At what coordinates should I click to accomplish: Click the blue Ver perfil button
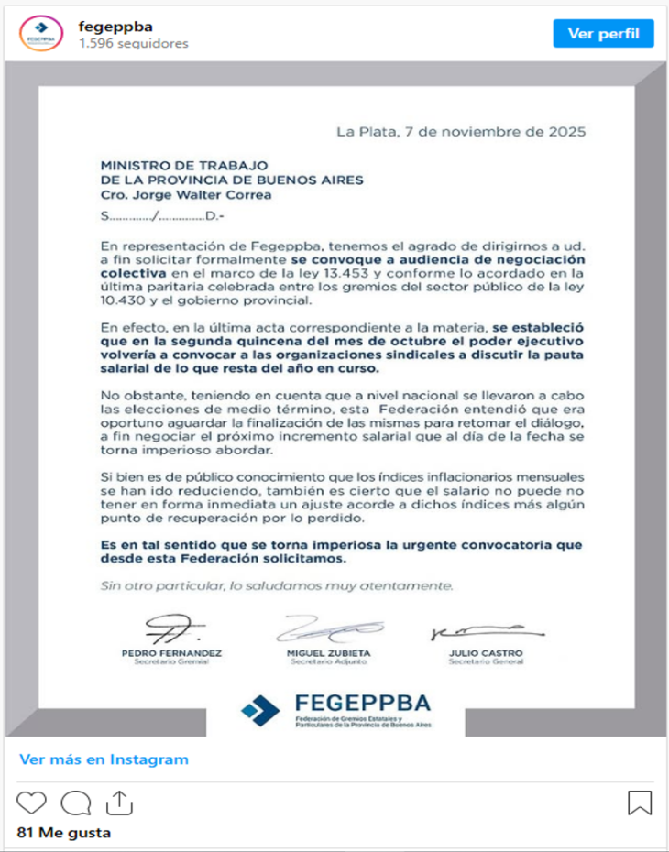[603, 34]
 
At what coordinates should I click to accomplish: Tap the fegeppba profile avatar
[39, 34]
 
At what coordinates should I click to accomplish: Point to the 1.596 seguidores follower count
[133, 43]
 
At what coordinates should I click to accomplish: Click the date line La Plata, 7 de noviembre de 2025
[460, 131]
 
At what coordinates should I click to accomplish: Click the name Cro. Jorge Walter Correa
[186, 194]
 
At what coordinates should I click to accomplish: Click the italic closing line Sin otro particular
[276, 585]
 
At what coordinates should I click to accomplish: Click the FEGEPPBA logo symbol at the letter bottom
[261, 709]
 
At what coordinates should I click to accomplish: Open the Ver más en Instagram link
[104, 759]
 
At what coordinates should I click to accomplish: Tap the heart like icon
[31, 803]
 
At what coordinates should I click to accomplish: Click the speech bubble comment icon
[75, 803]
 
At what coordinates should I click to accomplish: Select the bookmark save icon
[640, 803]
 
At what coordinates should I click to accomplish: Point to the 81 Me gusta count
[64, 833]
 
